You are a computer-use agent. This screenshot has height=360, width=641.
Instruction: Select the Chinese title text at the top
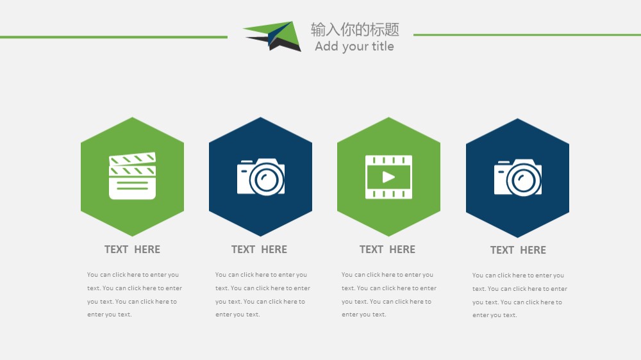click(x=355, y=29)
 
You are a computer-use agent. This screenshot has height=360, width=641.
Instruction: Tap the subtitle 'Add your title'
click(x=354, y=46)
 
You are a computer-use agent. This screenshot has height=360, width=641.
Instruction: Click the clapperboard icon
click(x=133, y=176)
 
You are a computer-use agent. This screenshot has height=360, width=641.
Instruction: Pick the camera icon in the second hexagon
click(x=261, y=177)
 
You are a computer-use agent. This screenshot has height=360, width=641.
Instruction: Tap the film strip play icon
click(x=389, y=177)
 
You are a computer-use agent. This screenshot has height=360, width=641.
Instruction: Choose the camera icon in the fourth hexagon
click(x=518, y=177)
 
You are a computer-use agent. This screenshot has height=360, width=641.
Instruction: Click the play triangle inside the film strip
click(x=388, y=177)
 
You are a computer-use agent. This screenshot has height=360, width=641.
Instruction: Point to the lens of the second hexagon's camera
click(x=267, y=179)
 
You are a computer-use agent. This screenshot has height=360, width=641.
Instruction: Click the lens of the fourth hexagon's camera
click(x=524, y=180)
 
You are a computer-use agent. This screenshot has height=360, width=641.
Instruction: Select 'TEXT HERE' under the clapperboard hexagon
click(x=133, y=249)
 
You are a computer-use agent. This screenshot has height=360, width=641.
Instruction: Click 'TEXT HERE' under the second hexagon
click(x=259, y=249)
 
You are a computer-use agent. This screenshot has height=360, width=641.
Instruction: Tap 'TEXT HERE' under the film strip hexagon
click(x=388, y=249)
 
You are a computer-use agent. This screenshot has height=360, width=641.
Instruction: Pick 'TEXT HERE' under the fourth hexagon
click(x=518, y=250)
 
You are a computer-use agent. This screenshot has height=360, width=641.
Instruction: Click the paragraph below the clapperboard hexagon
click(x=135, y=295)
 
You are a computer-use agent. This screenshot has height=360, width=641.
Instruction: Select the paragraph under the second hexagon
click(x=263, y=295)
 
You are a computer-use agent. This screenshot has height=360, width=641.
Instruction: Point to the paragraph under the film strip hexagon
click(x=389, y=295)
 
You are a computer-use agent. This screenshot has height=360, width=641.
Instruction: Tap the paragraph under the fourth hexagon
click(x=520, y=295)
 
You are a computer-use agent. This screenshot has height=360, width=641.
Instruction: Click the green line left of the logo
click(x=113, y=37)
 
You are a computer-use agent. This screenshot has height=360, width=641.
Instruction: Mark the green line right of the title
click(x=527, y=35)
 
